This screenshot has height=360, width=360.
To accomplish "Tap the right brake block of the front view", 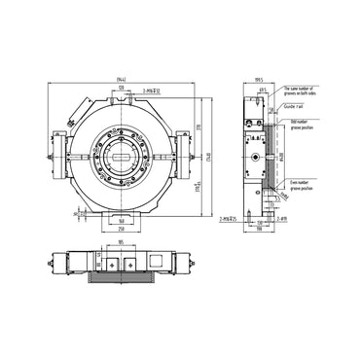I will coord(182,154).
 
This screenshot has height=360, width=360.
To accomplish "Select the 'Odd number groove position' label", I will coord(303,126).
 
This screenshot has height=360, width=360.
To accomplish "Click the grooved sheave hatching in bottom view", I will coord(120,279).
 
